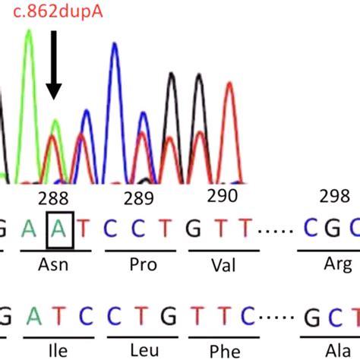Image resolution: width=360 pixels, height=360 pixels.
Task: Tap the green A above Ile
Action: pyautogui.click(x=33, y=318)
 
